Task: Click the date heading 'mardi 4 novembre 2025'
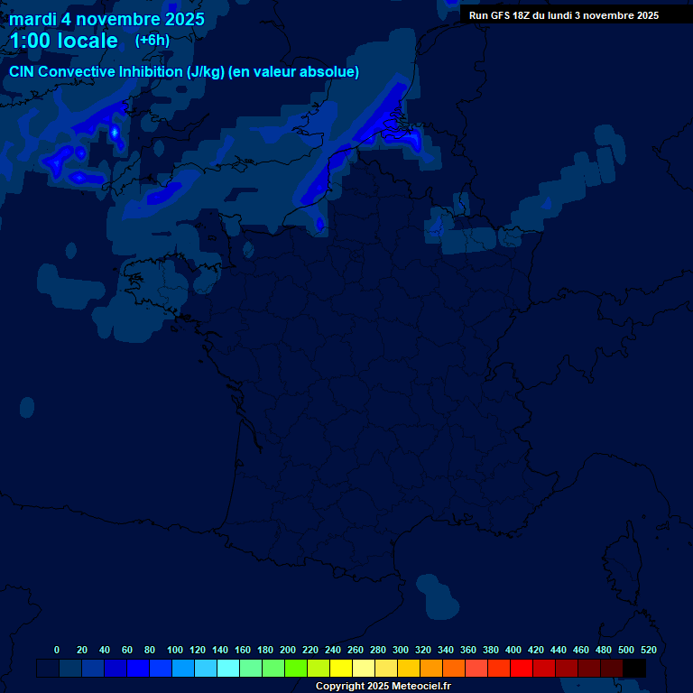tap(106, 19)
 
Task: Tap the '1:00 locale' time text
tap(63, 41)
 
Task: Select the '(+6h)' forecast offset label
tap(152, 41)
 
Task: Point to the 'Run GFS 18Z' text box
tap(563, 15)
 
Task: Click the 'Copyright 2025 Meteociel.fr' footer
tap(383, 686)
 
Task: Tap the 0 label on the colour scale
tap(57, 650)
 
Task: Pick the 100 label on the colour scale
tap(175, 650)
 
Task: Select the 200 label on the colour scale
tap(288, 650)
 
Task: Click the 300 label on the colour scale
tap(401, 650)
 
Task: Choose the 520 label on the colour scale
tap(648, 650)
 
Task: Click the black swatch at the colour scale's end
tap(634, 669)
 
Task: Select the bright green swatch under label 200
tap(296, 669)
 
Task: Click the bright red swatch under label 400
tap(522, 669)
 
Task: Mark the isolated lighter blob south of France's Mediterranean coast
tap(439, 596)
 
